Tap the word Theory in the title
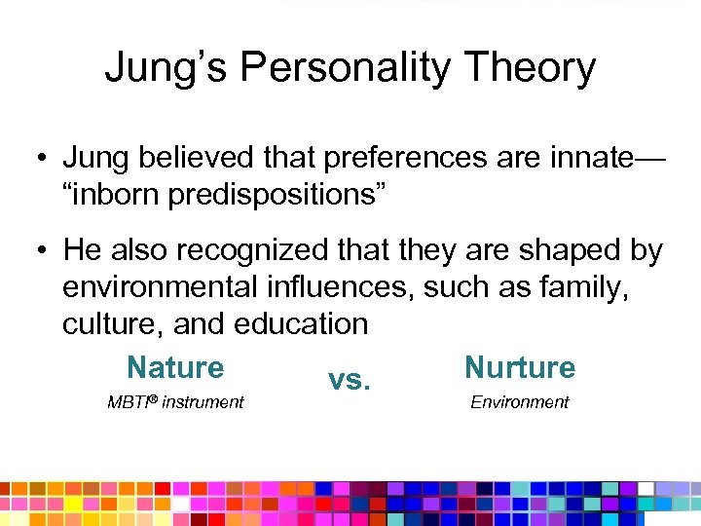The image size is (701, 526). [526, 68]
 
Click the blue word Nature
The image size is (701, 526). [175, 367]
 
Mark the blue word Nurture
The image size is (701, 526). [520, 367]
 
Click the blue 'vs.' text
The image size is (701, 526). [349, 379]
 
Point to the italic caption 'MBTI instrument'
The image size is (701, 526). [175, 402]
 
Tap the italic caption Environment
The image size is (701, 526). [519, 402]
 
